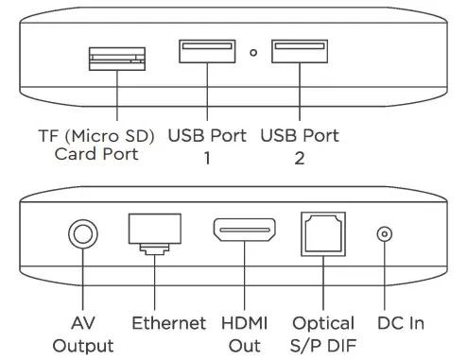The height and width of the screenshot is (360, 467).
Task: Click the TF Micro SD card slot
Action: tap(115, 60)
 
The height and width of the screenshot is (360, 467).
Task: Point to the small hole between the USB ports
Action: tap(252, 52)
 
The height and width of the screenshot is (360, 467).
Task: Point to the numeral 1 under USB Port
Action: tap(207, 157)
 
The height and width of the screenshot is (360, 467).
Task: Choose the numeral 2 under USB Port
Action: tap(300, 157)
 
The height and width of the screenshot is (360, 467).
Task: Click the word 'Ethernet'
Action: tap(168, 323)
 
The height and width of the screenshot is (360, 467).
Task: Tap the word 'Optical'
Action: tap(324, 323)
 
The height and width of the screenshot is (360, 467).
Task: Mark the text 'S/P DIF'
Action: tap(324, 345)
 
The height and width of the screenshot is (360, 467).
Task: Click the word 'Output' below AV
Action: tap(83, 345)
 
